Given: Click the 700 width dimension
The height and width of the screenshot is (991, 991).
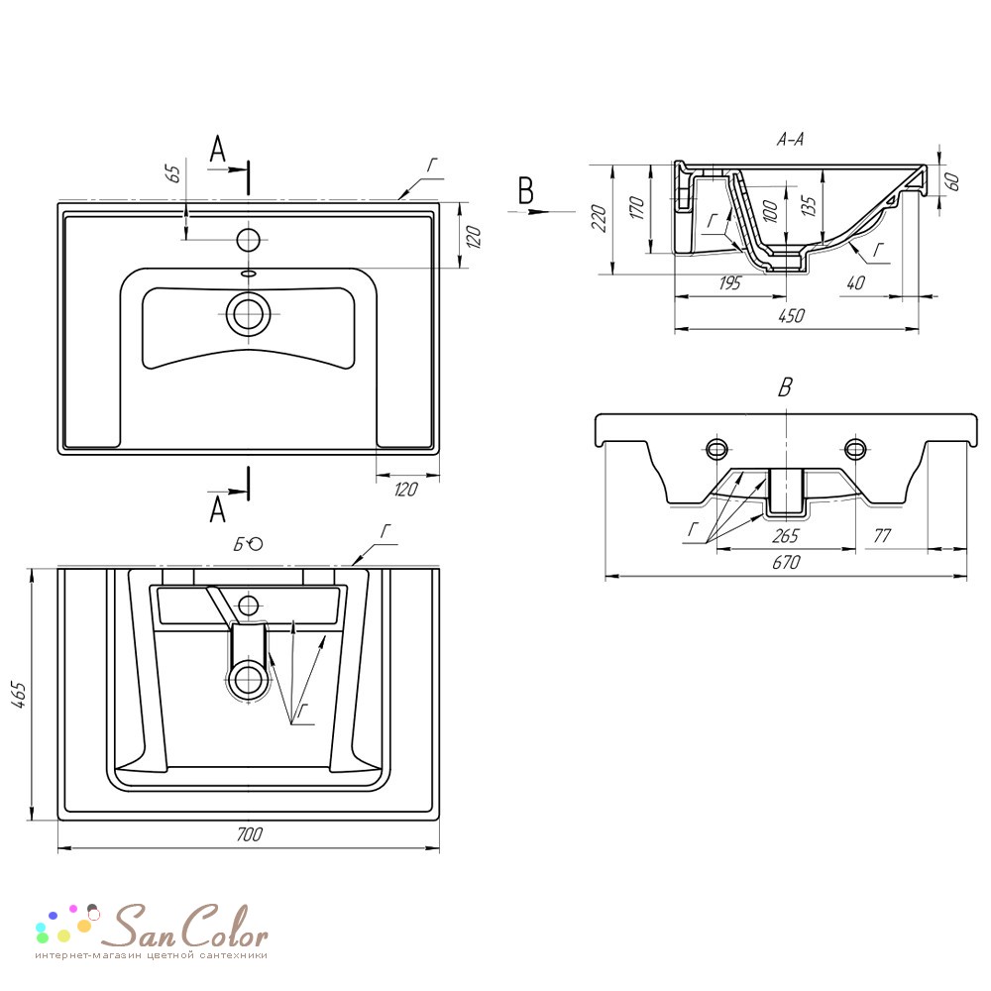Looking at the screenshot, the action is click(x=249, y=834).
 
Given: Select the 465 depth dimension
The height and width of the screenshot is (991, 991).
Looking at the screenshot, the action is click(x=19, y=695).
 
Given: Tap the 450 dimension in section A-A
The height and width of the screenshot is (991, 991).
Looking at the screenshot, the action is click(x=791, y=316).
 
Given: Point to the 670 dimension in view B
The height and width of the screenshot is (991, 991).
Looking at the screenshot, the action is click(x=786, y=562).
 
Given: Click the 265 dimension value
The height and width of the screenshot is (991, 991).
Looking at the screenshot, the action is click(x=785, y=536).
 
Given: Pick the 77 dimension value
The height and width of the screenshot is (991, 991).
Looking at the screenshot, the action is click(x=881, y=536).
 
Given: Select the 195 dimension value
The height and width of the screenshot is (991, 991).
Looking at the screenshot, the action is click(x=729, y=282).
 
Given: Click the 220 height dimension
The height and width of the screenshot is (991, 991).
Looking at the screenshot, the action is click(x=600, y=219).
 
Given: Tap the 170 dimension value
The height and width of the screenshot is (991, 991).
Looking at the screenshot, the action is click(x=637, y=207).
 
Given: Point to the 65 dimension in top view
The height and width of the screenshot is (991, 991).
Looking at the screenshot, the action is click(x=173, y=173).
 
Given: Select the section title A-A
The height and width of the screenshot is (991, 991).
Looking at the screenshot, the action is click(x=790, y=139).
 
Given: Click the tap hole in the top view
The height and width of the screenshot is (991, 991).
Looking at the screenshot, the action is click(x=249, y=240).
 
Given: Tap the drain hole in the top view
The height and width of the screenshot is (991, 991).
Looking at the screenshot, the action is click(x=249, y=314).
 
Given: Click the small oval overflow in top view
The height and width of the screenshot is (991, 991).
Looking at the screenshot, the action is click(x=249, y=274).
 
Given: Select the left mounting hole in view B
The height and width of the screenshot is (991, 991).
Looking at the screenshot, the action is click(x=716, y=449).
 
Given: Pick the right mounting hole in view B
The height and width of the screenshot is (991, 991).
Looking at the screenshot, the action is click(x=855, y=449).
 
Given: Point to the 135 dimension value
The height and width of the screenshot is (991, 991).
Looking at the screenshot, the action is click(x=809, y=206).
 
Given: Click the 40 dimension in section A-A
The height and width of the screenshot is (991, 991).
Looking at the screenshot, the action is click(x=856, y=282).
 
